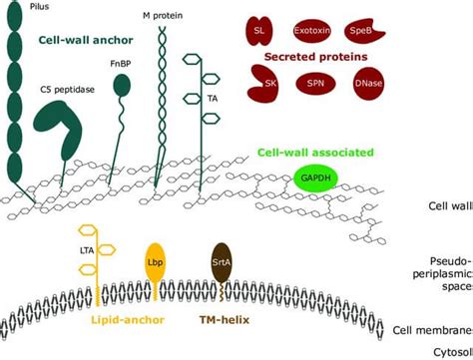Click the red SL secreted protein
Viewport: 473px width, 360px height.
click(259, 31)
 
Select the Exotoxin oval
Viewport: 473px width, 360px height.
click(310, 31)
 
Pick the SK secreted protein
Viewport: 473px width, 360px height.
click(264, 83)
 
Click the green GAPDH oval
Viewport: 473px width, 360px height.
click(314, 179)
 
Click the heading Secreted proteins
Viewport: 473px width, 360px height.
click(313, 58)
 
